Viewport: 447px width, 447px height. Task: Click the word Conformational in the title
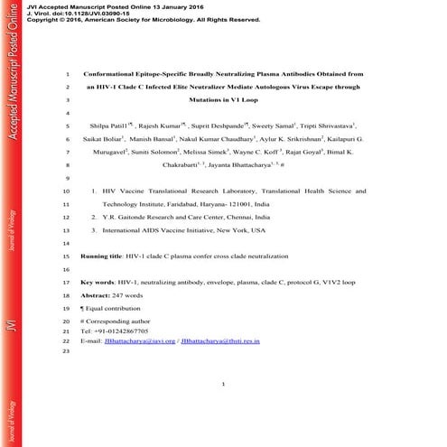click(114, 73)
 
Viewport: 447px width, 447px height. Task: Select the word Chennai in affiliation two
click(236, 218)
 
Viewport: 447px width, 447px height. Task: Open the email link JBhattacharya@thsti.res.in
click(219, 342)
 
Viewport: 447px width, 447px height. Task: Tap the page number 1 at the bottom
click(222, 385)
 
